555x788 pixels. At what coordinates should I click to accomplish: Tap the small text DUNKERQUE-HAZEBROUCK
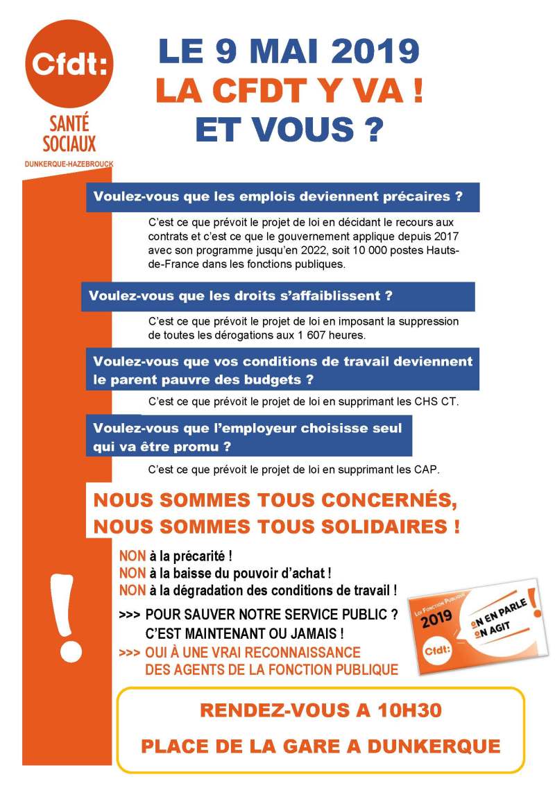point(69,164)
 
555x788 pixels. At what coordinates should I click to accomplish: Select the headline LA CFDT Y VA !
point(289,91)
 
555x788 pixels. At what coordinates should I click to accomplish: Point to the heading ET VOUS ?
point(289,128)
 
